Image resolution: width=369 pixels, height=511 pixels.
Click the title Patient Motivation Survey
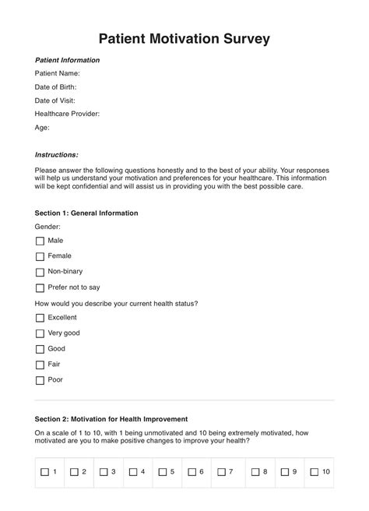[x=184, y=38]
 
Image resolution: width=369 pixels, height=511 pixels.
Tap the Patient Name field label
[x=58, y=74]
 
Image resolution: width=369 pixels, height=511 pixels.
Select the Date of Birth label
[x=55, y=87]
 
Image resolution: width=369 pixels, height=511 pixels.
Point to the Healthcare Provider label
[x=67, y=114]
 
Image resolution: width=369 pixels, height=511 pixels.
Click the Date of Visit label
[x=56, y=100]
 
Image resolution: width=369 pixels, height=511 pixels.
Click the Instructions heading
[x=57, y=154]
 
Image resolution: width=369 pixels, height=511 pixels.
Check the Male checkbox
[x=40, y=241]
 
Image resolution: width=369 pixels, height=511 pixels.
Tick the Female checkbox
[x=40, y=256]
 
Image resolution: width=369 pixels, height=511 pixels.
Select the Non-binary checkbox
[x=40, y=272]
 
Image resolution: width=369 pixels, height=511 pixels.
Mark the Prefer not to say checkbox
[x=40, y=287]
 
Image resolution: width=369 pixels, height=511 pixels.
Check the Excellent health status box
[x=40, y=318]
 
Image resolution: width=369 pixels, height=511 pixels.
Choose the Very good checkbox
[x=40, y=333]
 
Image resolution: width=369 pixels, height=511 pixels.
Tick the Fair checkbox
[x=40, y=365]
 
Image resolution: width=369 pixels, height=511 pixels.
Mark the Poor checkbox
[x=40, y=380]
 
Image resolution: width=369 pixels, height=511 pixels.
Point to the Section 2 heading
[x=111, y=419]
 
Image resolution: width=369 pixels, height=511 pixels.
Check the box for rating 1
[x=44, y=472]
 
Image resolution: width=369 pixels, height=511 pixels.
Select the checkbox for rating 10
[x=314, y=472]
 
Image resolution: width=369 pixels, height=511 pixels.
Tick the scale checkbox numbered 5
[x=163, y=472]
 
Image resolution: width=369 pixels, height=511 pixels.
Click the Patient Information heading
[x=68, y=60]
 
